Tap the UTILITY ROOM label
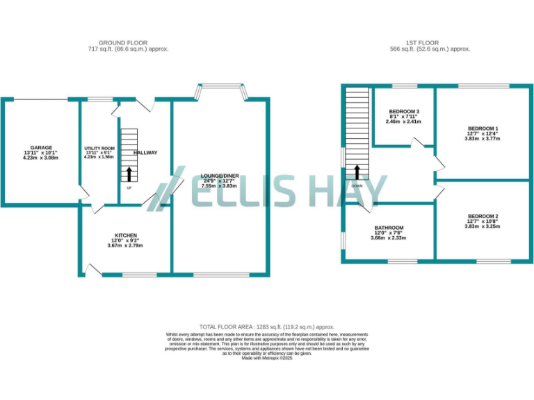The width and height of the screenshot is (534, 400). point(99,149)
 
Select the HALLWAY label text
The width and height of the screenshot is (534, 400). point(146,153)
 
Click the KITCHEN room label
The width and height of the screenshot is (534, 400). point(126,235)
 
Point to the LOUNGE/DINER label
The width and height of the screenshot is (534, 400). point(219,176)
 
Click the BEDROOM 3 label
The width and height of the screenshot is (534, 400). point(403,112)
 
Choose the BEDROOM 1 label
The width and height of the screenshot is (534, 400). point(483,129)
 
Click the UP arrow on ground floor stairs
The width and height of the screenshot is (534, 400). point(129,173)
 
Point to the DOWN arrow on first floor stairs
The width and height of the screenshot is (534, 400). point(357,172)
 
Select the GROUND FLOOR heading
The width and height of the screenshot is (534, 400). point(128,42)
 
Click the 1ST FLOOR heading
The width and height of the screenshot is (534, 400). point(430,42)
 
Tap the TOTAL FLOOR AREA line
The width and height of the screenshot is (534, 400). point(267,326)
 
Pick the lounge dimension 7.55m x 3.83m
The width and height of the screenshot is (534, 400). point(219,186)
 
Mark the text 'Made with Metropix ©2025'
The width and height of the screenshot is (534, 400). point(267,358)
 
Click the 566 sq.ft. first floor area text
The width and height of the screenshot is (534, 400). point(430,49)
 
